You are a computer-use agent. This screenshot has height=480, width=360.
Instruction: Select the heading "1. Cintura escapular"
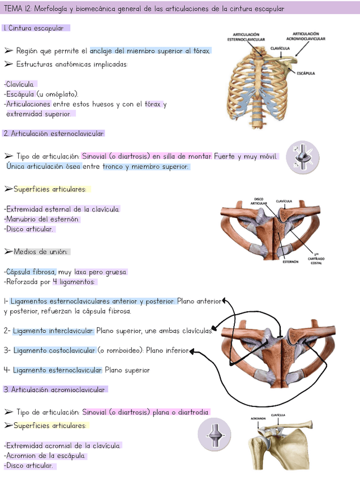tap(36, 28)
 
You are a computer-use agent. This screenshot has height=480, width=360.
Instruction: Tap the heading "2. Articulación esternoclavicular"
tap(54, 134)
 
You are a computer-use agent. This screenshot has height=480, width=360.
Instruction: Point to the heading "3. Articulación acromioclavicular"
tap(54, 389)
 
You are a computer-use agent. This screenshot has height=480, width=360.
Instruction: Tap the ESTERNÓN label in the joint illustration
tap(290, 262)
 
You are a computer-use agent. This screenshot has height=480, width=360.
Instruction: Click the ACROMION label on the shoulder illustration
tap(258, 419)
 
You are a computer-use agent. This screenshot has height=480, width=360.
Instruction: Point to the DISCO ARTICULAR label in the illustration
tap(259, 201)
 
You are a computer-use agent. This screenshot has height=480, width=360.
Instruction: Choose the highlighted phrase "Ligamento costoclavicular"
tap(54, 350)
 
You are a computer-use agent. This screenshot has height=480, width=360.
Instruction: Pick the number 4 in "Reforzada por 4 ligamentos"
tap(55, 282)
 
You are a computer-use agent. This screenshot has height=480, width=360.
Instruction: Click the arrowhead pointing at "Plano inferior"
tap(192, 351)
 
